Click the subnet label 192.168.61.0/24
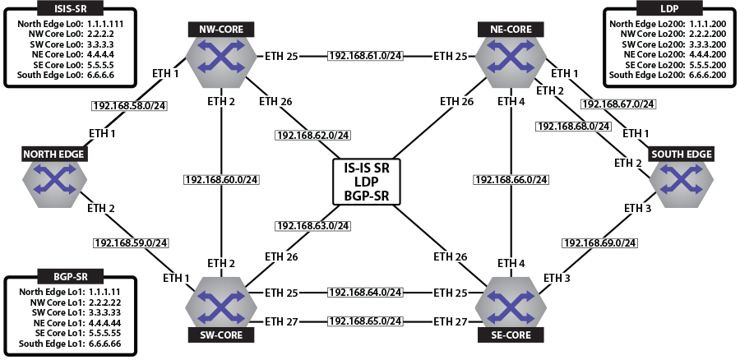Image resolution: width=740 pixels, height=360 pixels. [364, 56]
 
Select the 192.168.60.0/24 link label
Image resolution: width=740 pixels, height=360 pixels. [221, 179]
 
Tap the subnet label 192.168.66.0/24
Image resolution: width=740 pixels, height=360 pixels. [511, 179]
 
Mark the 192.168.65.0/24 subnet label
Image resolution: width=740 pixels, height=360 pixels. [364, 320]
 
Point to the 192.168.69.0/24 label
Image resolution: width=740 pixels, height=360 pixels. [599, 243]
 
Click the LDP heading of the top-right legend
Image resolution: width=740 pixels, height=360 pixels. [668, 10]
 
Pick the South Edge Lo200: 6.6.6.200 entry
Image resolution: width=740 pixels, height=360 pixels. [668, 75]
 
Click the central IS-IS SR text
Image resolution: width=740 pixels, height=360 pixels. [366, 168]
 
